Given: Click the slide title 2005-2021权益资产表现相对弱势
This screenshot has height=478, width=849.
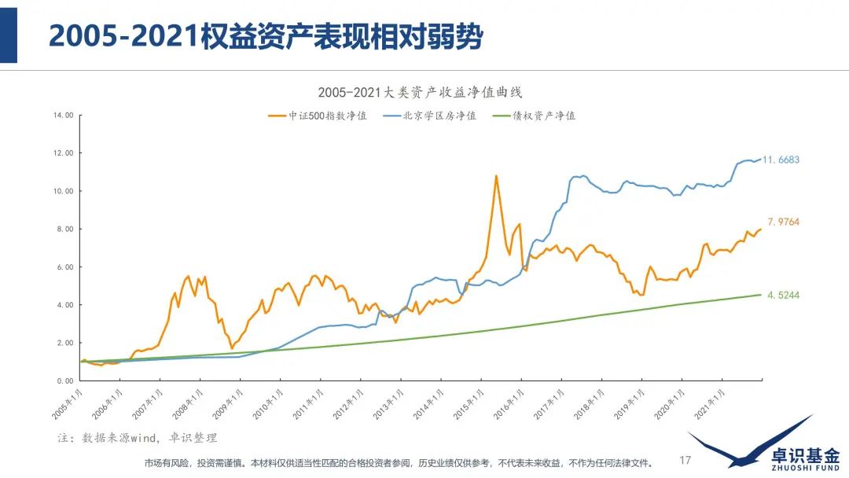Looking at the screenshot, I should [x=265, y=35].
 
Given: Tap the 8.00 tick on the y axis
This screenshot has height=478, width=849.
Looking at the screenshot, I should [x=64, y=230].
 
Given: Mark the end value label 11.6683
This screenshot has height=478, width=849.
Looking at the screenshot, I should [x=783, y=160].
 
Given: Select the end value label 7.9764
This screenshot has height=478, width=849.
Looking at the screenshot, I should [x=783, y=222].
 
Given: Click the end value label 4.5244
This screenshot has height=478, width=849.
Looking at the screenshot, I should [x=783, y=295].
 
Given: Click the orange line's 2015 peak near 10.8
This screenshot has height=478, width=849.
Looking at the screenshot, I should [x=496, y=176].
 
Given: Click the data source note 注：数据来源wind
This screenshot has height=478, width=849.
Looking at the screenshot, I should [x=138, y=437].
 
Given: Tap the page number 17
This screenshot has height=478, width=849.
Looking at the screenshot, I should [x=685, y=460].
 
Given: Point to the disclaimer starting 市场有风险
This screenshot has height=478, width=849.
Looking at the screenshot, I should [x=398, y=462].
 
